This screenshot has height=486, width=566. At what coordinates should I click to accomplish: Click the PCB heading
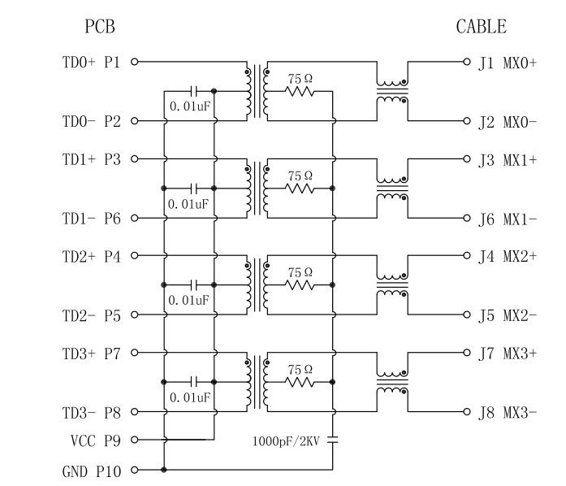(x=100, y=27)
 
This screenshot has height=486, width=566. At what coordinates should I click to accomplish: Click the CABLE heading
(x=481, y=27)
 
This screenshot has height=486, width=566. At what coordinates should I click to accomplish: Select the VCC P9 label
(x=95, y=440)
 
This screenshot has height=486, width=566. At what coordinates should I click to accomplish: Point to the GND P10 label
(x=91, y=471)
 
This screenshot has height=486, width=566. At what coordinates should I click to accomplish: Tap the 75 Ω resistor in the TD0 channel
(x=300, y=92)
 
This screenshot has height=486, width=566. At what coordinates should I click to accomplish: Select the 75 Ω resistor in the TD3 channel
(x=300, y=382)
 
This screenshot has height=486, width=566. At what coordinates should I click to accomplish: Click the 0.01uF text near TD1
(x=189, y=203)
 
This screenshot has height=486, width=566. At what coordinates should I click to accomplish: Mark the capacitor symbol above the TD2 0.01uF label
(x=194, y=284)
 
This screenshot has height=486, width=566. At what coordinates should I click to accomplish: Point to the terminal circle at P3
(x=135, y=158)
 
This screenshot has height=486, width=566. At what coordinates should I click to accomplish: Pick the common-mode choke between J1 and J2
(x=392, y=91)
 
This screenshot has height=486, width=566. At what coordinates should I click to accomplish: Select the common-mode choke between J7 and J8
(x=392, y=382)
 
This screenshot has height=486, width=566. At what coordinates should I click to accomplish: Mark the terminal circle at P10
(x=135, y=470)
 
